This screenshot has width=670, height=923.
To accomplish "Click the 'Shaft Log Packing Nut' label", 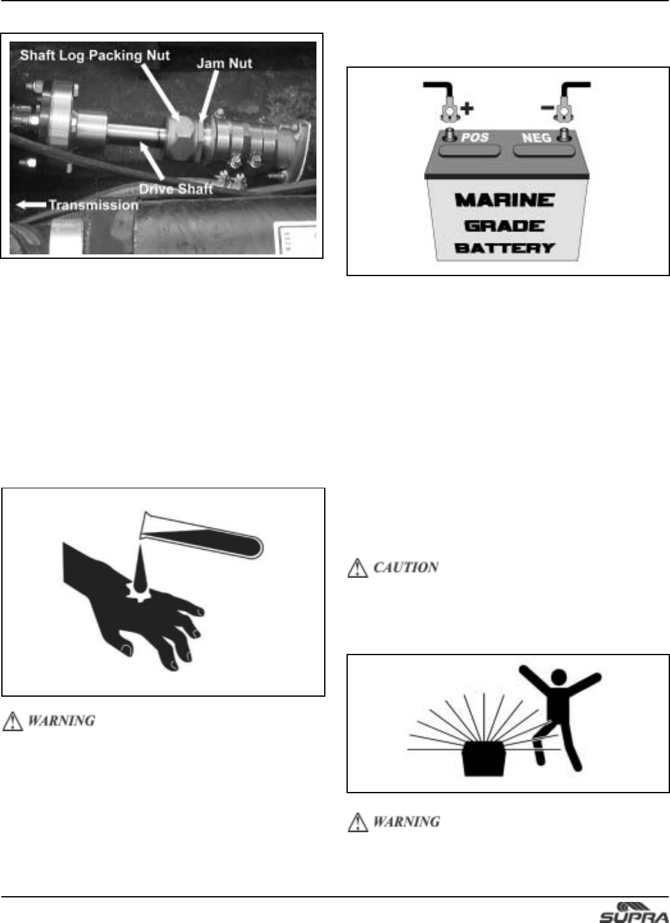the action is coord(95,56).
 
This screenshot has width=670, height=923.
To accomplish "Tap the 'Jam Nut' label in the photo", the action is coord(224,63).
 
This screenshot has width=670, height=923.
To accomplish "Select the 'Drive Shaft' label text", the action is coord(176,189).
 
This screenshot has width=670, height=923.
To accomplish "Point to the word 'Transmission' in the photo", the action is coord(93,205).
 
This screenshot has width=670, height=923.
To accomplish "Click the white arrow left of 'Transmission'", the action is coord(31,205).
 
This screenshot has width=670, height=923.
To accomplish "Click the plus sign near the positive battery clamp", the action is coord(467,109).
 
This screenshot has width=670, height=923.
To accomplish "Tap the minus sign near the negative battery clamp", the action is coord(547,108).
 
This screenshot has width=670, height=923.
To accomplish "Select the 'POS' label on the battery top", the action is coord(474,137).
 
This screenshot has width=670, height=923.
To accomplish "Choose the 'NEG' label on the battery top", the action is coord(536,137).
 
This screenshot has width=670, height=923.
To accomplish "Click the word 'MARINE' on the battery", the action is coord(505,200).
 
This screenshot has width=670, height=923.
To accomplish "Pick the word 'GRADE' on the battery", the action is coord(505,226).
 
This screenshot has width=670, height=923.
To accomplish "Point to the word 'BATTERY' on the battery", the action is coord(505,248).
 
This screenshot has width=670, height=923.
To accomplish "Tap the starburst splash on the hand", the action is coord(141,592).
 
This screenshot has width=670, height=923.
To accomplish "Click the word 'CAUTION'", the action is coord(405,568).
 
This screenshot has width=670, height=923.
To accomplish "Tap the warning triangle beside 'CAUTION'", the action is coord(357,568).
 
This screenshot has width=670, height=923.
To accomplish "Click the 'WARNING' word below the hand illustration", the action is coord(61,720).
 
